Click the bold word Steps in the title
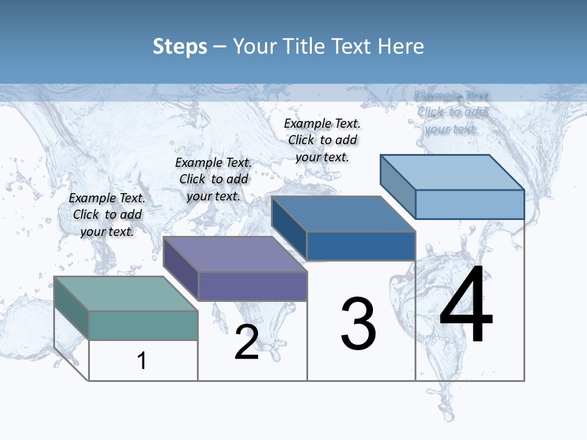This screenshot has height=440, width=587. (180, 46)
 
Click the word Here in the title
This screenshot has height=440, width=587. (401, 46)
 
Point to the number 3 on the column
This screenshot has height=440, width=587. (358, 324)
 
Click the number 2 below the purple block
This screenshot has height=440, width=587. (247, 343)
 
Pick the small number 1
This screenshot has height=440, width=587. (142, 361)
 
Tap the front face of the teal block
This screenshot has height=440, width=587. (143, 325)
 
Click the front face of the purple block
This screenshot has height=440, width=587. (252, 286)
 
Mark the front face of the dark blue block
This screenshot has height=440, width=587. (361, 246)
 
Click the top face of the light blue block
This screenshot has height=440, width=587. (452, 172)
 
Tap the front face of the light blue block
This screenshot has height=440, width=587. (470, 204)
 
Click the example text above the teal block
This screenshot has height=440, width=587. (108, 215)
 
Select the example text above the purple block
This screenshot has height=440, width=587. (213, 179)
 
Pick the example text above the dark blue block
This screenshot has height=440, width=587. (322, 140)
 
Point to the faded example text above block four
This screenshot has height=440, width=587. (451, 112)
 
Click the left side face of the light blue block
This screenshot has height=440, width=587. (397, 186)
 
